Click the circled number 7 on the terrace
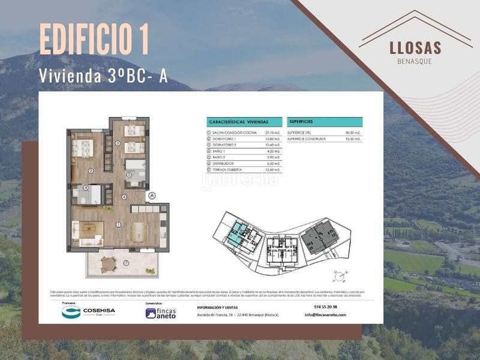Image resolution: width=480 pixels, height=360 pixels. point(126,263)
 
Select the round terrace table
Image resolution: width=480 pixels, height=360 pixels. point(109,262)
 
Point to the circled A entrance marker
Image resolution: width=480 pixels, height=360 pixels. point(152,195)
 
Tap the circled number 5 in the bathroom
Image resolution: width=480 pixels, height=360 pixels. point(129,175)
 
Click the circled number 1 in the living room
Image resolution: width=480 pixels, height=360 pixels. point(119,224)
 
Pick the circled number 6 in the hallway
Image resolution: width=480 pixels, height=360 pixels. point(124,197)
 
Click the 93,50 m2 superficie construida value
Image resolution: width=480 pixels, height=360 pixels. point(353,139)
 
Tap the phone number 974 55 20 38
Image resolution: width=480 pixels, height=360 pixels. point(325,307)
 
